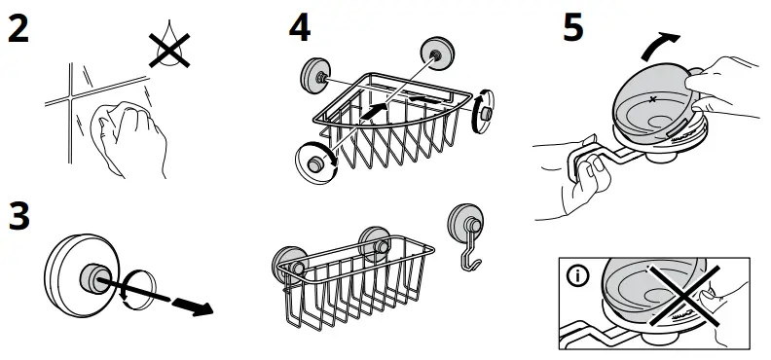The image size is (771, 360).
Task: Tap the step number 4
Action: pos(300,28)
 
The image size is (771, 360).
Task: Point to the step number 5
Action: pos(573,27)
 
